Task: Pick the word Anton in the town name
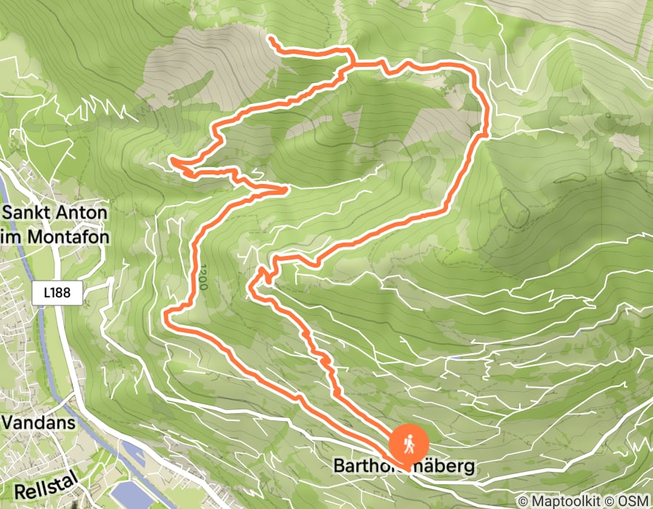coord(82,214)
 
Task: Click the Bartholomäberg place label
coord(404,465)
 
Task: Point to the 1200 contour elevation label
coord(201,277)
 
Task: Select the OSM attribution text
coord(633,501)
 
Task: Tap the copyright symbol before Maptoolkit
coord(524,501)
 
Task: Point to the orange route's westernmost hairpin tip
coord(172,159)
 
